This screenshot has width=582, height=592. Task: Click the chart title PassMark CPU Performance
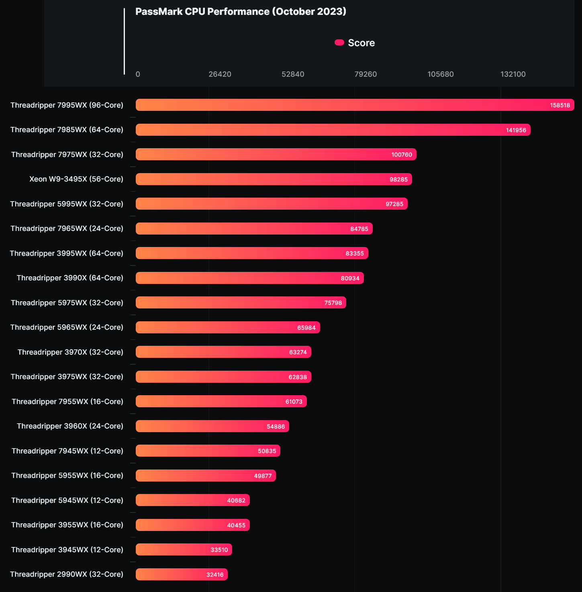pos(241,12)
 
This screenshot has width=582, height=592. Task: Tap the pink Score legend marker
pos(339,43)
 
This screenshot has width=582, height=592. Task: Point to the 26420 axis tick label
pos(220,74)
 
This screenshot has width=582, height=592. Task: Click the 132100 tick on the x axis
pos(513,74)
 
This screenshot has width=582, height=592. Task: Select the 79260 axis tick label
pos(366,74)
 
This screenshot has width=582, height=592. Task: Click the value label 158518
pos(560,105)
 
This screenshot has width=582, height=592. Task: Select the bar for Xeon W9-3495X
pos(274,179)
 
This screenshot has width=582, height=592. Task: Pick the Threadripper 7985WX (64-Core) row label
pos(67,130)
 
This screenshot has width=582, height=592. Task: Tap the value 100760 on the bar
pos(402,155)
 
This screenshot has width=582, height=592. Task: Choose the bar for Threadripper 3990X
pos(249,278)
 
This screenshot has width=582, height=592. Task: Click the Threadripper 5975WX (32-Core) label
pos(67,303)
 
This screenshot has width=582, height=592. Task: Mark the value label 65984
pos(306,328)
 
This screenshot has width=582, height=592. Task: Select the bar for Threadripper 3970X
pos(223,352)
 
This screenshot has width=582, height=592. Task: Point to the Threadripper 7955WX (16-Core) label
pos(67,402)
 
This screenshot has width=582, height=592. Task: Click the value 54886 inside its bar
pos(276,427)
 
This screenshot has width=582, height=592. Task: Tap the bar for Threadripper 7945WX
pos(208,451)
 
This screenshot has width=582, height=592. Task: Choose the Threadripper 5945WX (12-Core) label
pos(67,500)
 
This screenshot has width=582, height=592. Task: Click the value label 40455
pos(236,525)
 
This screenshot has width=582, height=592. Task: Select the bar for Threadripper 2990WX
pos(182,574)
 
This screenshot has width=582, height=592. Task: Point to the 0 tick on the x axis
pos(138,74)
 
